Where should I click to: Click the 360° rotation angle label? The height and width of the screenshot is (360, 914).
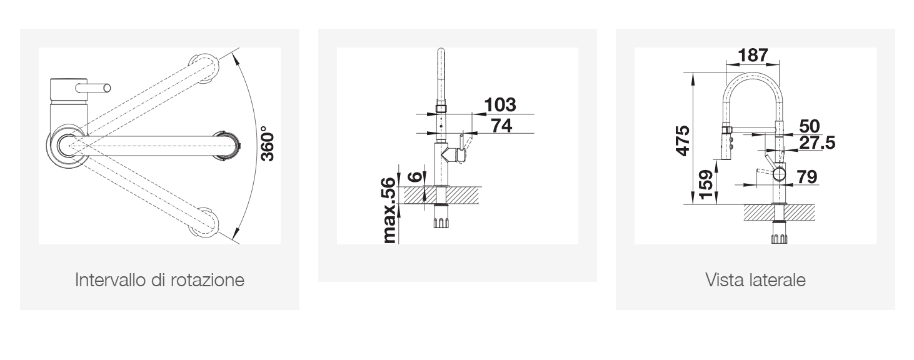point(268,144)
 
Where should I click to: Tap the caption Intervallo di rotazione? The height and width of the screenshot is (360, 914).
point(159,280)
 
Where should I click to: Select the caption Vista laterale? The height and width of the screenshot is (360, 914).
point(755,280)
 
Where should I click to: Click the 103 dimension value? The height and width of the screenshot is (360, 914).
point(500,105)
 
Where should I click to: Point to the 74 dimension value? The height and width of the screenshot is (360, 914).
point(501,126)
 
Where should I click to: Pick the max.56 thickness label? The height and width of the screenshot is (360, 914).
point(390,211)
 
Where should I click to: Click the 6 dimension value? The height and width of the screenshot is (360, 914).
point(415,176)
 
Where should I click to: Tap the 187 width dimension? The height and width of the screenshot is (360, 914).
point(753,55)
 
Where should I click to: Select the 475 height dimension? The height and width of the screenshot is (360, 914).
point(683,141)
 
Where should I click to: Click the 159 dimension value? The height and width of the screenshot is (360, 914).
point(706,184)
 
